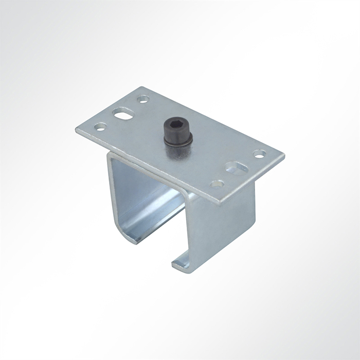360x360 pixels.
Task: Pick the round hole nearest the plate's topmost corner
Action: [145, 98]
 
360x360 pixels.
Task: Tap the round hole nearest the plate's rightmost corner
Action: [261, 153]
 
